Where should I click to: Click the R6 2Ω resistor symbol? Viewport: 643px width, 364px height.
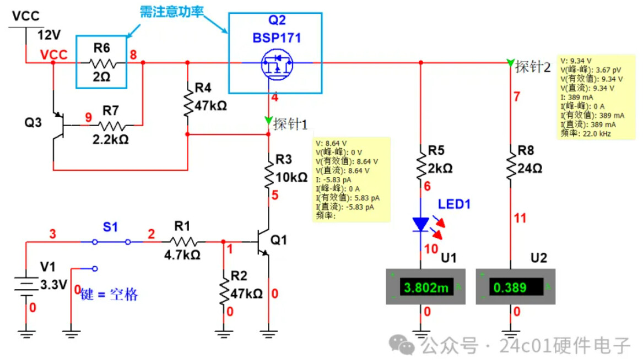(101, 63)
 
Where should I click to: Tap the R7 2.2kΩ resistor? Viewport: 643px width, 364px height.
(114, 126)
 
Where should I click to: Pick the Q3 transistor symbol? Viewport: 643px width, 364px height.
(58, 126)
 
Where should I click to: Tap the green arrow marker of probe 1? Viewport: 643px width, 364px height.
(268, 121)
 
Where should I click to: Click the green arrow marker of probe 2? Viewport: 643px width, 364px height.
(511, 63)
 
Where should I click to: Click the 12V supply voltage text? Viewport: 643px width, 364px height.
(48, 35)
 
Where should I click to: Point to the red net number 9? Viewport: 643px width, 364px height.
(88, 117)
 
